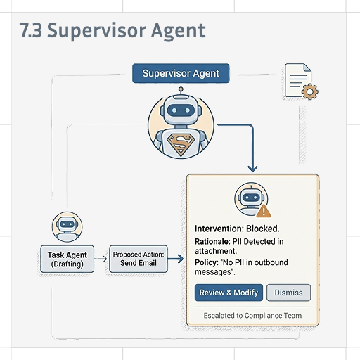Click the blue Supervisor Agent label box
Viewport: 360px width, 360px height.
point(181,73)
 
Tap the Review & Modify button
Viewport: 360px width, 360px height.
point(229,292)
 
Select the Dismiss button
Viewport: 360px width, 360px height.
point(288,292)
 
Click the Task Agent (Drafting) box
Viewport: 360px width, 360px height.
point(67,259)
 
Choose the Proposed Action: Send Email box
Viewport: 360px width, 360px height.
point(139,259)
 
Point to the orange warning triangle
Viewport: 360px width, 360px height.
point(264,211)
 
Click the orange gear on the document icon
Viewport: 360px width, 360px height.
point(310,91)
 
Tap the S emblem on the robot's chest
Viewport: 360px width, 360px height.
point(181,144)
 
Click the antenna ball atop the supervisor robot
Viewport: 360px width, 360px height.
point(181,89)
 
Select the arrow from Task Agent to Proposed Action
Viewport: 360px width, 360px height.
point(101,259)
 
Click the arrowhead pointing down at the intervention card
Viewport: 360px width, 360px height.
point(252,169)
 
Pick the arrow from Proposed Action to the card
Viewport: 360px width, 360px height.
point(176,259)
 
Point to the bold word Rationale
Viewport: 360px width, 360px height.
point(212,241)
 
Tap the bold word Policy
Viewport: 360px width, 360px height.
point(207,262)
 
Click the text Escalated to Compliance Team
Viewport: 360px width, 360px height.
point(252,316)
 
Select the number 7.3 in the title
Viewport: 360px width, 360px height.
point(31,30)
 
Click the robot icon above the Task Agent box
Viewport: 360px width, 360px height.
point(67,227)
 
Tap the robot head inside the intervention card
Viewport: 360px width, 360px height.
point(251,198)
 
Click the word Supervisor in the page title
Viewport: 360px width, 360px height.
point(96,31)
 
